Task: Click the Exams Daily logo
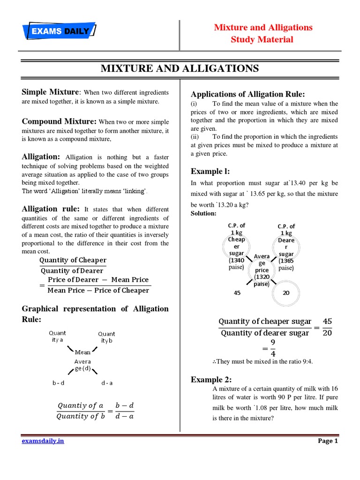[x=60, y=32]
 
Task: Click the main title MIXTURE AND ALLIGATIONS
[x=180, y=68]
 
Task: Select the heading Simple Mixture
[x=51, y=92]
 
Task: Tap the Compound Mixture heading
[x=60, y=121]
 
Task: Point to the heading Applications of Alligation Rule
[x=247, y=94]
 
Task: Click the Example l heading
[x=210, y=171]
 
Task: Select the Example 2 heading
[x=211, y=379]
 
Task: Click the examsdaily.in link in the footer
[x=43, y=441]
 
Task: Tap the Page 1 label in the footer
[x=328, y=441]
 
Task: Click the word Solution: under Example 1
[x=203, y=214]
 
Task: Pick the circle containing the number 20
[x=286, y=293]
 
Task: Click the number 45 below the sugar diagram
[x=237, y=293]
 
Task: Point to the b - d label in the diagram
[x=58, y=383]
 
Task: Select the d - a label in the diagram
[x=107, y=383]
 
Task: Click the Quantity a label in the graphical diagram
[x=58, y=337]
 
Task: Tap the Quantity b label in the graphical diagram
[x=106, y=337]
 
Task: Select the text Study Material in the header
[x=262, y=39]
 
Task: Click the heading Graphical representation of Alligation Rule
[x=95, y=314]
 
